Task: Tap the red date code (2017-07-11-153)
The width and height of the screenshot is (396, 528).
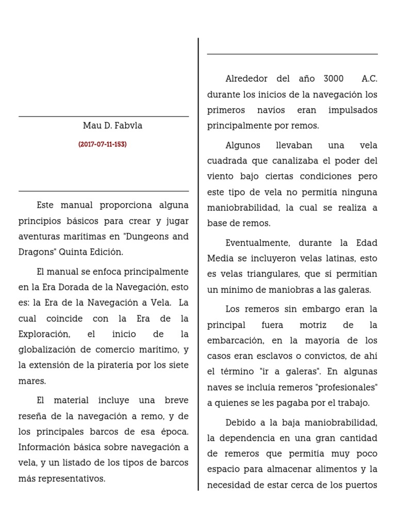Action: (103, 145)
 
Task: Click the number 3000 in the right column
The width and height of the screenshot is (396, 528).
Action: (333, 79)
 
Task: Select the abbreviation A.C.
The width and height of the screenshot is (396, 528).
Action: (369, 79)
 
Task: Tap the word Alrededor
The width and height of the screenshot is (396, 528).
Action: (246, 79)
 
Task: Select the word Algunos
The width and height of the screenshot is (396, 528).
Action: (242, 145)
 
